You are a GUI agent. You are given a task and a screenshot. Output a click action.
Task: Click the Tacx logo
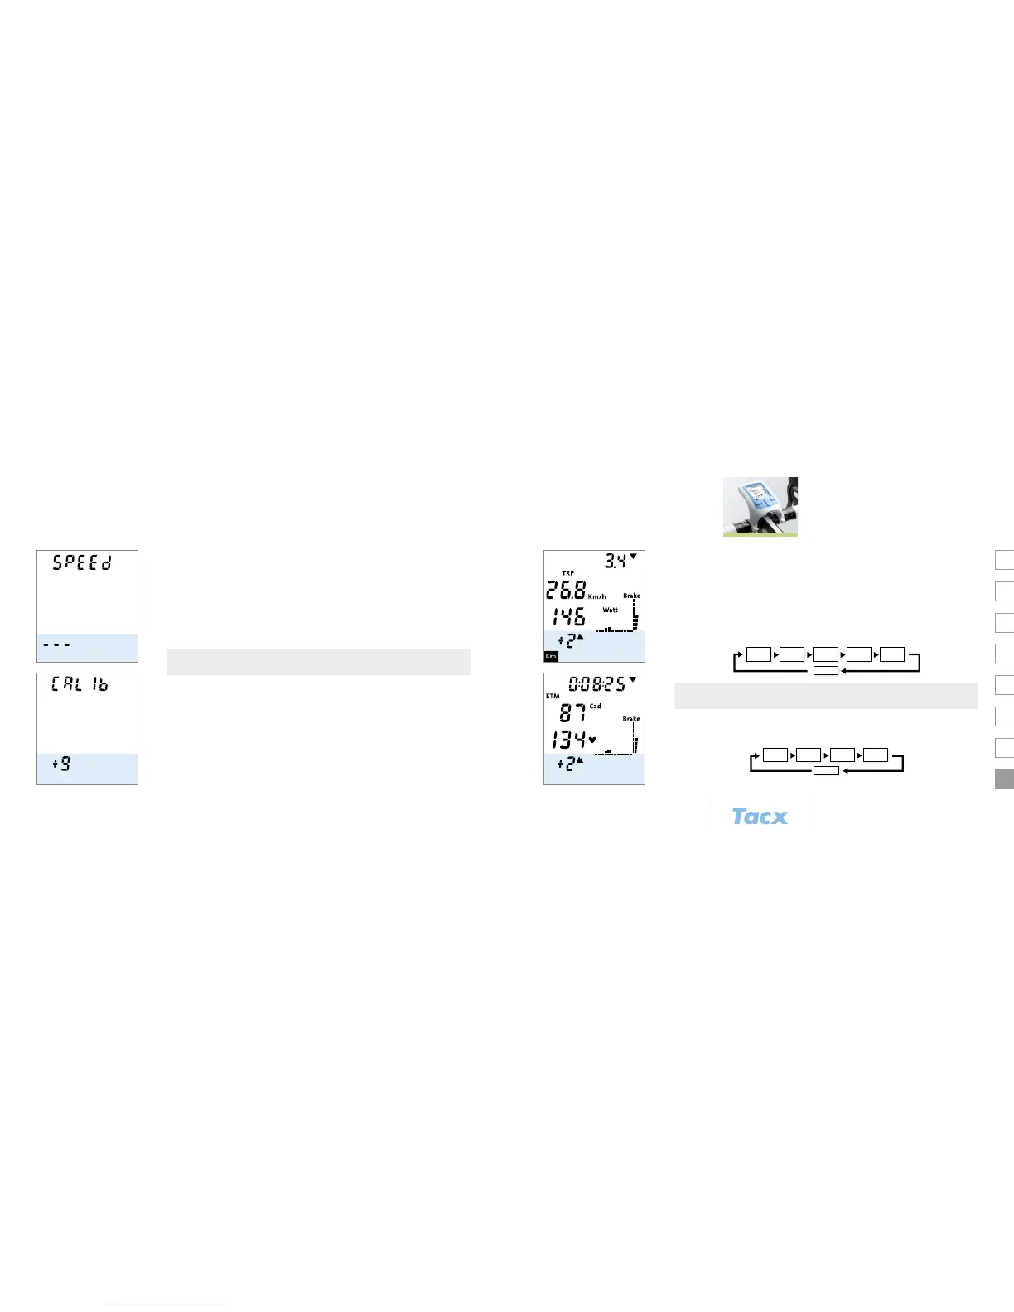(x=760, y=817)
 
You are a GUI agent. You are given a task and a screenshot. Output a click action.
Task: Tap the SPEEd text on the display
(x=82, y=562)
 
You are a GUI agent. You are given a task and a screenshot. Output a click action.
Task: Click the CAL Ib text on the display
(x=80, y=685)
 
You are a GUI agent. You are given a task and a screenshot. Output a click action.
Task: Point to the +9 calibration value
(x=62, y=764)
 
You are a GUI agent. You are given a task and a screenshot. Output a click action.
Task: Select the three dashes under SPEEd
(x=56, y=644)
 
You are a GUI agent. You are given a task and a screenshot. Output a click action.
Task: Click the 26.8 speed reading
(x=566, y=591)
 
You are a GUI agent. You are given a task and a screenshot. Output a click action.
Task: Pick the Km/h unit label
(x=597, y=596)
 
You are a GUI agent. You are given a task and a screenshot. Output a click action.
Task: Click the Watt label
(x=611, y=610)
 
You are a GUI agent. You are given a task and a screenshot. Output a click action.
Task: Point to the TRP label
(x=568, y=573)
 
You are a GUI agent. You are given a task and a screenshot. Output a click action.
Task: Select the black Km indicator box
(x=551, y=656)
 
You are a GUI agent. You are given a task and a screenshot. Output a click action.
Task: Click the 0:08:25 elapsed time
(x=596, y=684)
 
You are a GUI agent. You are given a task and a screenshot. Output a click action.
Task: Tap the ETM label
(x=553, y=697)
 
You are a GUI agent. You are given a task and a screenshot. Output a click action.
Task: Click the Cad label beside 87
(x=596, y=707)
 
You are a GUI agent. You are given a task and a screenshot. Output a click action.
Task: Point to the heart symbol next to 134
(x=592, y=740)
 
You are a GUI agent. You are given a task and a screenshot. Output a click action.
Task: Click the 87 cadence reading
(x=572, y=712)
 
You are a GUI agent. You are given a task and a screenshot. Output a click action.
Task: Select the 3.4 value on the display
(x=615, y=562)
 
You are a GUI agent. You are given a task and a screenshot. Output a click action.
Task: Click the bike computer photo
(x=760, y=506)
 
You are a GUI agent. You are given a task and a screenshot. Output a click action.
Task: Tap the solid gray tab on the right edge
(x=1004, y=779)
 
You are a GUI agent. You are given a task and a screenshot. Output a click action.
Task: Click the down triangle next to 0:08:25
(x=633, y=679)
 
